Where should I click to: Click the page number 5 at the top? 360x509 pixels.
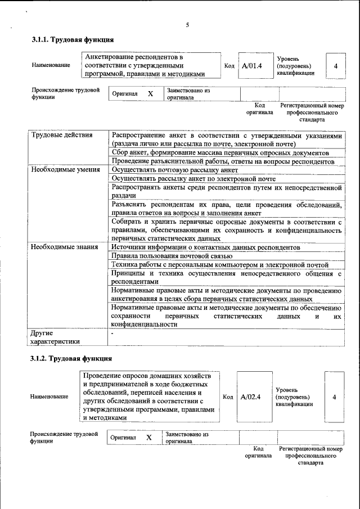tap(187, 25)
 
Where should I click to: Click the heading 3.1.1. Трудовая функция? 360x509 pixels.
tap(73, 40)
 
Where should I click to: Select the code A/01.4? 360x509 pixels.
tap(251, 66)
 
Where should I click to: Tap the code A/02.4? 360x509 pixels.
tap(250, 397)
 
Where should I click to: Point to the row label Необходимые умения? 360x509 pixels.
tap(65, 169)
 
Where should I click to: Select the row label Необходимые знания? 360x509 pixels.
tap(64, 246)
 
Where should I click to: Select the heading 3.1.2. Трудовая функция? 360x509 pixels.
tap(72, 358)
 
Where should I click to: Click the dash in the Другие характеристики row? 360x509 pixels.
tap(113, 334)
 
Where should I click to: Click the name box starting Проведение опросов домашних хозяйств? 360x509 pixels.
tap(148, 397)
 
